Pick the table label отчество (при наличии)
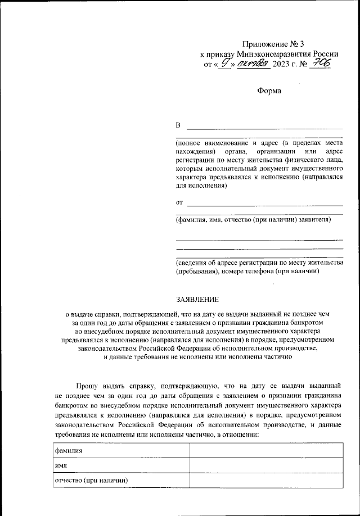[x=91, y=481]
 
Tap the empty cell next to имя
[x=267, y=466]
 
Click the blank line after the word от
[x=264, y=204]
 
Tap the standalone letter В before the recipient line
[x=179, y=125]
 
